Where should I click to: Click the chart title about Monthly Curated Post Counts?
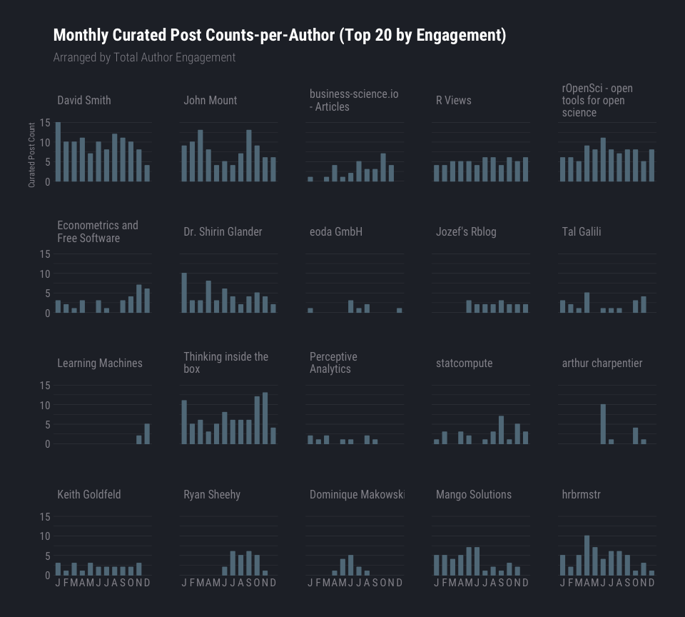pos(279,36)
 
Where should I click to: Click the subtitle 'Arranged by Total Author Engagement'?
pos(144,57)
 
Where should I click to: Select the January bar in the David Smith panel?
pos(58,152)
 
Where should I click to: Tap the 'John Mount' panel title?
pos(210,101)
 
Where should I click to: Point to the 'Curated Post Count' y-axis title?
pos(31,155)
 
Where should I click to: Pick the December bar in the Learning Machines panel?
pos(147,434)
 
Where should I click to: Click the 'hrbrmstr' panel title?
pos(581,494)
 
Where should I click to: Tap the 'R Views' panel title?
pos(453,101)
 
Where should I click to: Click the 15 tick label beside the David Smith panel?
pos(45,123)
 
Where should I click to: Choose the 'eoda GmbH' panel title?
pos(335,231)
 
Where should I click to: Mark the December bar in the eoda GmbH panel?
pos(400,311)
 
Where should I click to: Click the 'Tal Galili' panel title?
pos(581,231)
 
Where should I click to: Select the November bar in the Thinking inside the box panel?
pos(265,418)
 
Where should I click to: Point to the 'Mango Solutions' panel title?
pos(473,494)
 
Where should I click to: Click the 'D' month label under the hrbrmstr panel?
pos(651,583)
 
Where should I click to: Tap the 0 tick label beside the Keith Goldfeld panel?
pos(47,575)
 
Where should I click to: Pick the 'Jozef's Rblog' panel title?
pos(465,231)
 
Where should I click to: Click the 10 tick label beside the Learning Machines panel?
pos(45,405)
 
